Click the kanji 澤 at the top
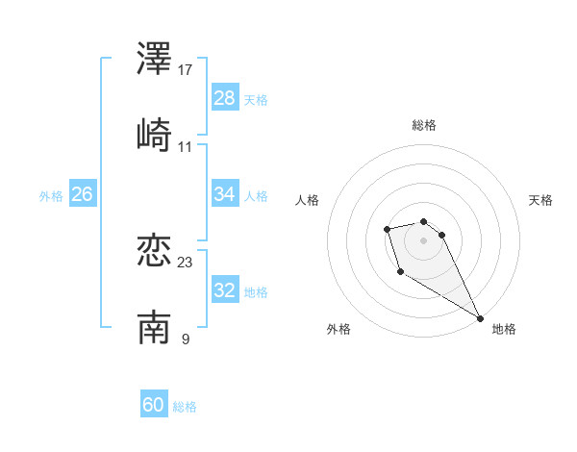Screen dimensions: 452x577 154,61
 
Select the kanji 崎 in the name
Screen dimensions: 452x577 154,136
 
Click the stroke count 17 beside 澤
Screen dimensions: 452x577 186,70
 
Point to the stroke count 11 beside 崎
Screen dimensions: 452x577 186,146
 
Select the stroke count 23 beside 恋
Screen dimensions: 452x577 186,263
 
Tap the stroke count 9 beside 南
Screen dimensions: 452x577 185,339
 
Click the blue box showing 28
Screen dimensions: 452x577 225,98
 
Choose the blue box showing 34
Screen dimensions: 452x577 225,194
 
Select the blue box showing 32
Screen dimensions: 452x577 225,290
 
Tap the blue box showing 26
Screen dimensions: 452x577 82,194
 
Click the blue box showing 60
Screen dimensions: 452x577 154,405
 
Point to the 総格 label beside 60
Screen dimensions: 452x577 185,407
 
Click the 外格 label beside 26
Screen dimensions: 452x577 51,196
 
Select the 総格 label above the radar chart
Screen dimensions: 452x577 424,125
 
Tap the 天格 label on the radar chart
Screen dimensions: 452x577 540,200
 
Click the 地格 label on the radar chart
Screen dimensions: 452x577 504,329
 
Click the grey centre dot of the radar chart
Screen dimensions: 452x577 424,239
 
